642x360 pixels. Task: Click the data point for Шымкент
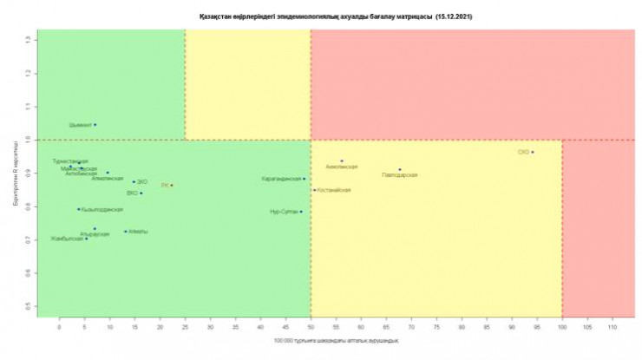point(95,125)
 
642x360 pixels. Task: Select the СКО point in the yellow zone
point(533,152)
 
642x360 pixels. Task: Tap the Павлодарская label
point(399,175)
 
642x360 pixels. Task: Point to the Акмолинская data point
point(342,161)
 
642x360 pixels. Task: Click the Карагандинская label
point(281,179)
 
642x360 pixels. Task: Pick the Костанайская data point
point(314,189)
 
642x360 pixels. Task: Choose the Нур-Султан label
point(285,212)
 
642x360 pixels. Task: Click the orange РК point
point(172,185)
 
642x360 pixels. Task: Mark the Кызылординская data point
point(78,209)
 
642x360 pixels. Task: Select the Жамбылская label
point(67,239)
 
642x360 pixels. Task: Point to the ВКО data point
point(141,193)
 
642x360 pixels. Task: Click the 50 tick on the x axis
point(311,328)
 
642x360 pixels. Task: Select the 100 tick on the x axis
point(562,328)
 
